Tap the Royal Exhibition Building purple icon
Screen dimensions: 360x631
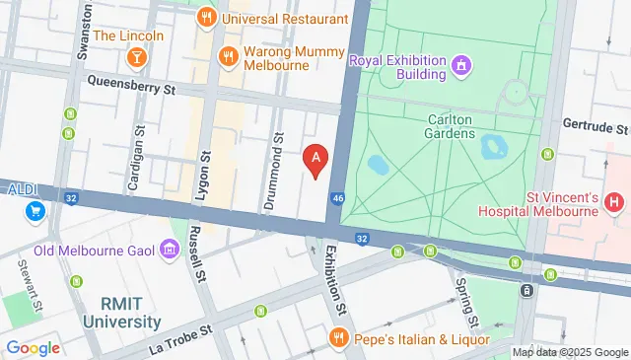click(x=461, y=65)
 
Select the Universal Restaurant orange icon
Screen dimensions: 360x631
click(x=206, y=17)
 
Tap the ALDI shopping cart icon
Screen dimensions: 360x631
click(x=35, y=210)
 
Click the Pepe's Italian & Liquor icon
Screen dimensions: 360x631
click(x=338, y=338)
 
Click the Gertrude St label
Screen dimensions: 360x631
click(x=595, y=128)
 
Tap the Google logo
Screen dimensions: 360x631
click(x=34, y=347)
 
